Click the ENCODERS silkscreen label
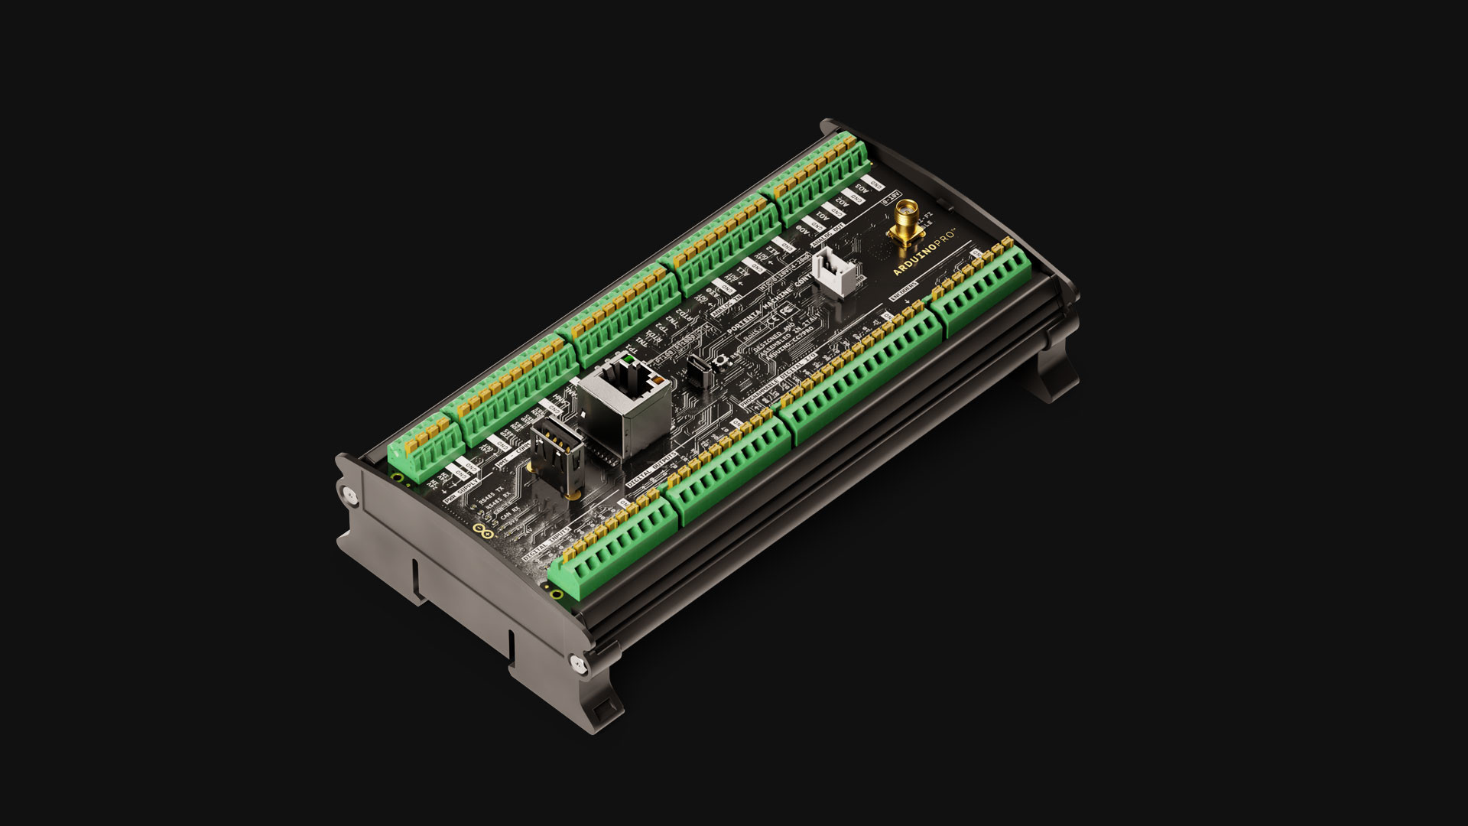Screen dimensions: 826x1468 click(x=905, y=292)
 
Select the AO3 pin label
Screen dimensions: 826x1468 click(x=862, y=187)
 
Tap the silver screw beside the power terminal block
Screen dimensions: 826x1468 click(x=349, y=494)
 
